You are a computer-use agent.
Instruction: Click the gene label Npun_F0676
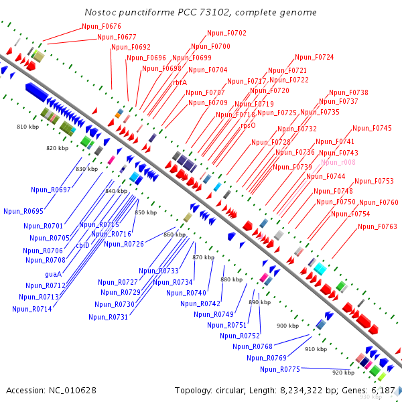[101, 26]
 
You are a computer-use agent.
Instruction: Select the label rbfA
[180, 82]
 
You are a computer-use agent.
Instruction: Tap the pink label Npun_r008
[338, 162]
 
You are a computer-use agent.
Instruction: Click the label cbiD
[82, 245]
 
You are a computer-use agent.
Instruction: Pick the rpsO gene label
[248, 125]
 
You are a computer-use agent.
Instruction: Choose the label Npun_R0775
[280, 369]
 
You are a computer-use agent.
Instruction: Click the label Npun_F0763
[377, 226]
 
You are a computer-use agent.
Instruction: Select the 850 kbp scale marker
[145, 212]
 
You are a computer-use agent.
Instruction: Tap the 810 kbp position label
[27, 127]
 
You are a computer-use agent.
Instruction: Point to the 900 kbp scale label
[287, 325]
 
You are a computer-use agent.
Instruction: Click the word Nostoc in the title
[100, 13]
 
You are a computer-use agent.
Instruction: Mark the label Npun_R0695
[23, 211]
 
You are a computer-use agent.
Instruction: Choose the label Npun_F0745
[372, 128]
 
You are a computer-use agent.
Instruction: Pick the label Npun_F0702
[226, 33]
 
